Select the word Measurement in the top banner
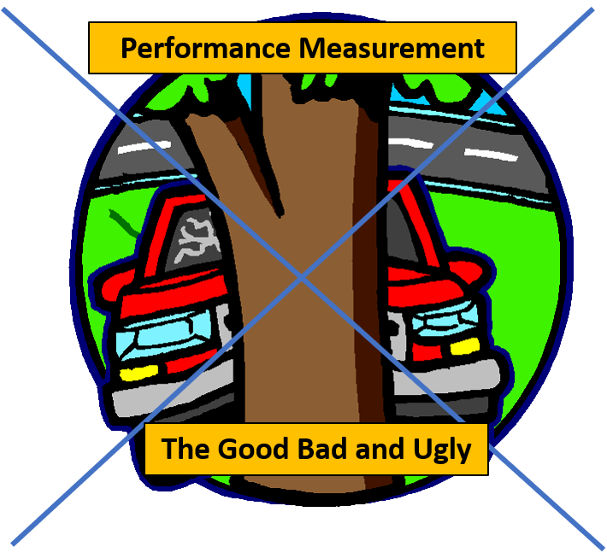[x=392, y=48]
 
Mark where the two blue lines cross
[x=302, y=276]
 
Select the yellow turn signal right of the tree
[x=464, y=345]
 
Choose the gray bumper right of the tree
[x=462, y=376]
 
